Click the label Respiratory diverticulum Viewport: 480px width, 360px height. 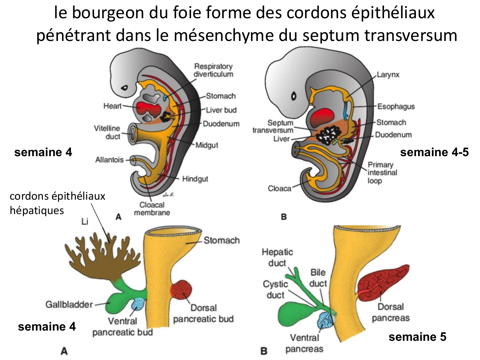[213, 70]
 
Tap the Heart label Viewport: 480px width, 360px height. [112, 106]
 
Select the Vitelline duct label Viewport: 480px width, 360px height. [107, 132]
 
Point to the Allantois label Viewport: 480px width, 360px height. [109, 159]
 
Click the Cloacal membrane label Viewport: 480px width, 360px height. [152, 209]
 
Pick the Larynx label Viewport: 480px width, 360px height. [388, 75]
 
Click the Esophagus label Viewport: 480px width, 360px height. [396, 107]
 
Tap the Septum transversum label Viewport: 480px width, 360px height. [273, 126]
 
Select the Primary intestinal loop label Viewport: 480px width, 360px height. [382, 172]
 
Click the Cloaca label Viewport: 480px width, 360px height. [279, 188]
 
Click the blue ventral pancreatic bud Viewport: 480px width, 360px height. [138, 304]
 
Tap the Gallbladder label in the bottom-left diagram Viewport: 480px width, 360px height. [69, 304]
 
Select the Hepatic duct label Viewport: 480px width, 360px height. [277, 257]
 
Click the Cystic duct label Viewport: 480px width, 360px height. [275, 289]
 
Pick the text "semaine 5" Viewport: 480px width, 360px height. [417, 337]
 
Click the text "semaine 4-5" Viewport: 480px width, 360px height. [434, 152]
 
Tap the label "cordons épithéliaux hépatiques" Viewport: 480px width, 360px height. [57, 203]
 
